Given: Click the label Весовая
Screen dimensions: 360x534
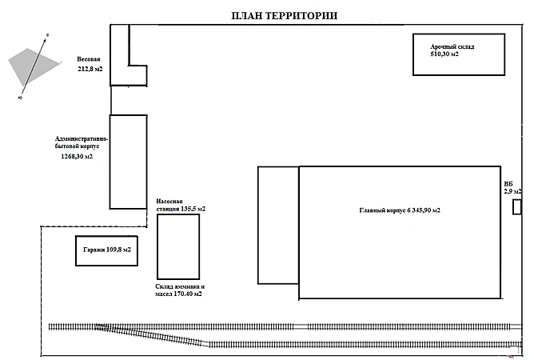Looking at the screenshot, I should (89, 60).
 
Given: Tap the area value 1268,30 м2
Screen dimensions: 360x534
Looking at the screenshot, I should (76, 157).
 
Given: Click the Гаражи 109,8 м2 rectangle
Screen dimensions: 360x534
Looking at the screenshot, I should (106, 250).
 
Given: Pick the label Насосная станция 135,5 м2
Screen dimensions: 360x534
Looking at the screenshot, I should (179, 204).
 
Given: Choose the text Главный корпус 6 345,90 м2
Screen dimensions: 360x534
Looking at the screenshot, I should (400, 210).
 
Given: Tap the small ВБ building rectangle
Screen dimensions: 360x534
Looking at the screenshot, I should (517, 207).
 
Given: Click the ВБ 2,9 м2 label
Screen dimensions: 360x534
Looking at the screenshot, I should (512, 187).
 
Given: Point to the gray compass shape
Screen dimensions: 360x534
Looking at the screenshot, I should (32, 64).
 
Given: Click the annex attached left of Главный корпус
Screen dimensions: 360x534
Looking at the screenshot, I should (277, 225).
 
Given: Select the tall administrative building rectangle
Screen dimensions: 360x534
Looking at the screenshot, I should (128, 162).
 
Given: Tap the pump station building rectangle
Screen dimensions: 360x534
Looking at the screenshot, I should (177, 246).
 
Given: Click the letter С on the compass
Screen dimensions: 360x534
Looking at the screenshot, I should (49, 36).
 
